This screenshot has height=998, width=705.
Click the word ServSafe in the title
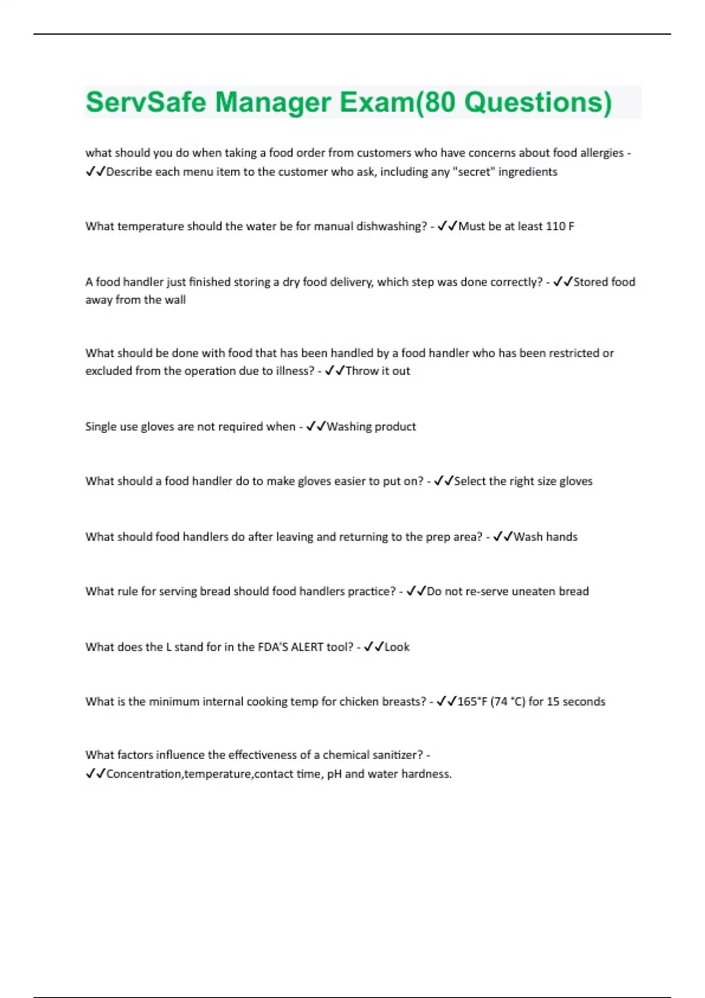(145, 102)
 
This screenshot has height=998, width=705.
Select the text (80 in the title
(437, 102)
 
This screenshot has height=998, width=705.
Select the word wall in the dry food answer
(174, 300)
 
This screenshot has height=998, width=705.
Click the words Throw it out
(378, 371)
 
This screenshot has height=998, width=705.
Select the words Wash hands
(545, 537)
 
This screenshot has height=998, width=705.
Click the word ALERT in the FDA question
(307, 647)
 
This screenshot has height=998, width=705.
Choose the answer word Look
(397, 647)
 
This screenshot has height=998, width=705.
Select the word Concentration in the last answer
(144, 774)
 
